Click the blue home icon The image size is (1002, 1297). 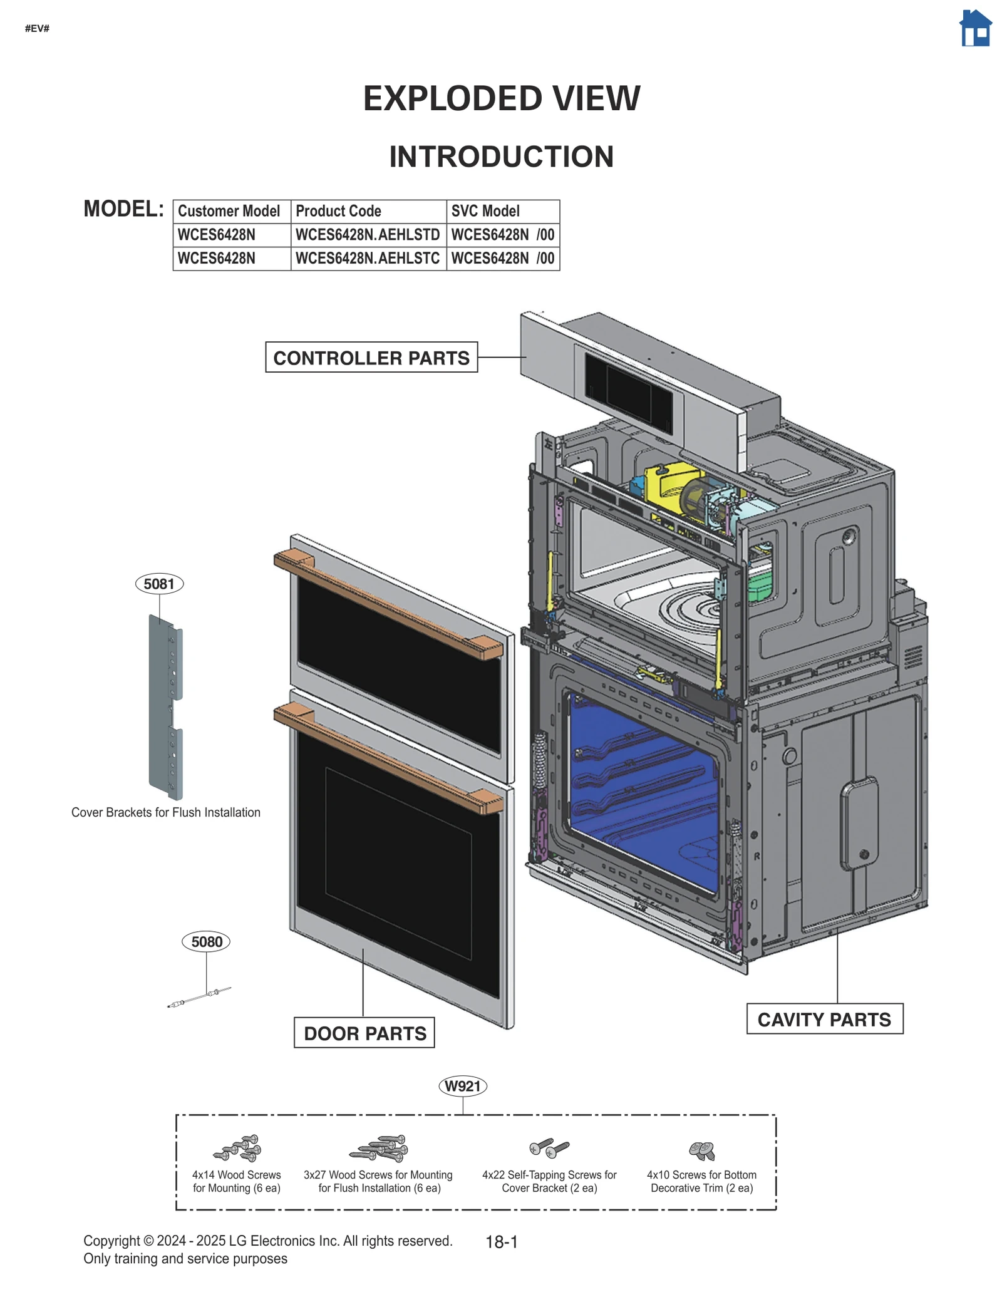[975, 29]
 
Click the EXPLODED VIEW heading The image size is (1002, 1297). [501, 98]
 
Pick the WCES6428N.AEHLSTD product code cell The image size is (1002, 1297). [368, 235]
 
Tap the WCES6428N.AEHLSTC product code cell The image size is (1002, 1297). [368, 258]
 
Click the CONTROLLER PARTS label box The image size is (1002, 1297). [371, 358]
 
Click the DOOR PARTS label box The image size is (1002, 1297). [364, 1033]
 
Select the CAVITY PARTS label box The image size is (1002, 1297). [824, 1019]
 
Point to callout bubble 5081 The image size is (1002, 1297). [159, 584]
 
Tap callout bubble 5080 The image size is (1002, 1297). [206, 942]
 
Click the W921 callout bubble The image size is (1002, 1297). [462, 1086]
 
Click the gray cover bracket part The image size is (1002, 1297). [164, 708]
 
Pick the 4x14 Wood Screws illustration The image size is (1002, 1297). [237, 1149]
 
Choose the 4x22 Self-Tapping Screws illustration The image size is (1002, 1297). [549, 1147]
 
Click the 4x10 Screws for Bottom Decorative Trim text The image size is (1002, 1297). [701, 1181]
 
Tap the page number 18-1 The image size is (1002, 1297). [501, 1242]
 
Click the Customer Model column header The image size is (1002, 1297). [229, 211]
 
